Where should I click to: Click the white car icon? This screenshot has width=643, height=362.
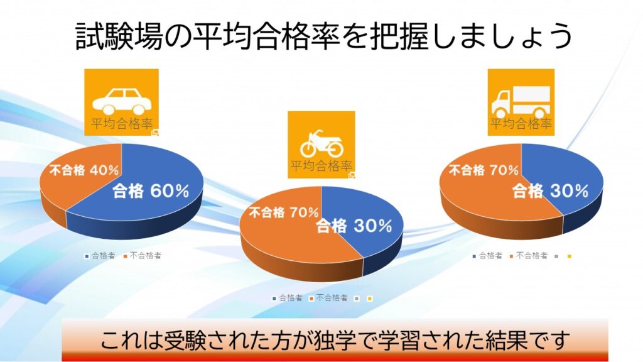click(x=122, y=101)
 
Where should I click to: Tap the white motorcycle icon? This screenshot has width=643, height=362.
click(x=321, y=144)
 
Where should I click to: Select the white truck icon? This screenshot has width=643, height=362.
click(x=521, y=102)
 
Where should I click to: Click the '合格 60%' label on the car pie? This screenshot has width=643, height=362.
click(x=151, y=191)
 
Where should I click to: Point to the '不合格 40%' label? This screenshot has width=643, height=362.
click(x=84, y=170)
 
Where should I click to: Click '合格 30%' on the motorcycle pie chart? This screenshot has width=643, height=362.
click(x=354, y=226)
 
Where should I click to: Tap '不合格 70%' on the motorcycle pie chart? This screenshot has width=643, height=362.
click(x=284, y=212)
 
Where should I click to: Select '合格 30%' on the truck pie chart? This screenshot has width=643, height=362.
click(x=550, y=191)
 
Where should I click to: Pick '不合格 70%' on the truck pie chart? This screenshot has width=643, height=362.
click(x=484, y=170)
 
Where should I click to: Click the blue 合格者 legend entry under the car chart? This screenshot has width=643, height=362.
click(x=100, y=256)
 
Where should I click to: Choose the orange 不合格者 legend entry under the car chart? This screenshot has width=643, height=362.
click(x=143, y=256)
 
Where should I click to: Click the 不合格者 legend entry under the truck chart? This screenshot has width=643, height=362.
click(x=529, y=256)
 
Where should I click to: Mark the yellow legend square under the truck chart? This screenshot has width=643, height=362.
click(x=569, y=256)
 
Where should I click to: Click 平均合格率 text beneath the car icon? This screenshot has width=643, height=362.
click(x=122, y=124)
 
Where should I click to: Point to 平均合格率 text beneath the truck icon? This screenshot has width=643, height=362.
click(x=521, y=124)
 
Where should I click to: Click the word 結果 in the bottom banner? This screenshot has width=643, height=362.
click(x=506, y=340)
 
